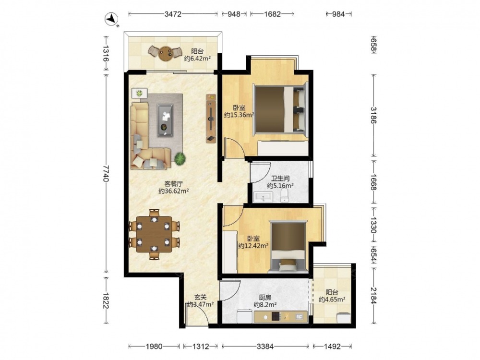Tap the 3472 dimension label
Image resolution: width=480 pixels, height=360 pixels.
click(173, 14)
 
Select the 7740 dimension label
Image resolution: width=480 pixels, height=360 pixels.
click(106, 173)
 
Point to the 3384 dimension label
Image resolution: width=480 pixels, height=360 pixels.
click(265, 346)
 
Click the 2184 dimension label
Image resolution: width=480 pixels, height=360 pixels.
click(373, 295)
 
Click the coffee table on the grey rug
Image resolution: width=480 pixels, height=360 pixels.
click(165, 120)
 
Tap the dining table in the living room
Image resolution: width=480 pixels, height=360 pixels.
click(154, 234)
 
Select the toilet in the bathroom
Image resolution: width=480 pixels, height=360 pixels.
click(285, 195)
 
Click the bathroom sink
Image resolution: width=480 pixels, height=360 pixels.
click(263, 197)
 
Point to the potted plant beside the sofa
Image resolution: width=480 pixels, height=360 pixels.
click(180, 158)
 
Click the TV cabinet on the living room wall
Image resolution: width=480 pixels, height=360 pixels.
click(211, 119)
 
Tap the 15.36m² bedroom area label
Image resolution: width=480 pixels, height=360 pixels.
click(239, 115)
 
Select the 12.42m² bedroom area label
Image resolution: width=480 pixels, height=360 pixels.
click(253, 245)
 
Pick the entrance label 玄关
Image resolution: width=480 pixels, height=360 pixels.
click(201, 297)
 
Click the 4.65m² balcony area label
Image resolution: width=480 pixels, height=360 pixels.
click(332, 300)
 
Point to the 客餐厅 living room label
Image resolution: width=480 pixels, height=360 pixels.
click(174, 184)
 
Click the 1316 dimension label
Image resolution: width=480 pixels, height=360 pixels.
click(106, 53)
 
